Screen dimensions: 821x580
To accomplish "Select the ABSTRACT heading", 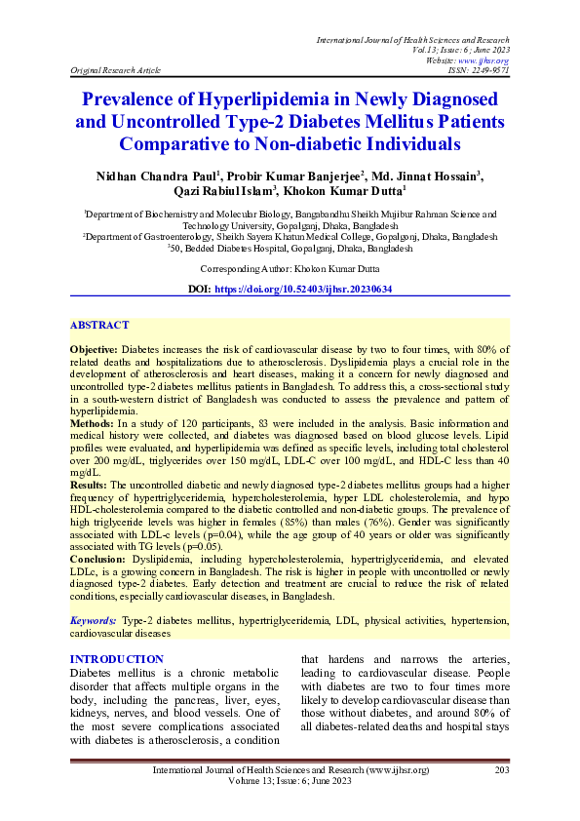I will pyautogui.click(x=99, y=325).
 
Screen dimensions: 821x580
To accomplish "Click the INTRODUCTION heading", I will pyautogui.click(x=117, y=660).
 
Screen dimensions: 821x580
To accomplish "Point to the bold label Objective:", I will pyautogui.click(x=96, y=348).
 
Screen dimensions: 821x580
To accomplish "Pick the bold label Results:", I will pyautogui.click(x=91, y=485).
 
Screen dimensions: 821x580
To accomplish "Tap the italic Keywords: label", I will pyautogui.click(x=95, y=620).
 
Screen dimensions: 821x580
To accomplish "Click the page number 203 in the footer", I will pyautogui.click(x=503, y=770).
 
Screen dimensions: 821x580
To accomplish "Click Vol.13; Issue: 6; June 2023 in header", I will pyautogui.click(x=455, y=50).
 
